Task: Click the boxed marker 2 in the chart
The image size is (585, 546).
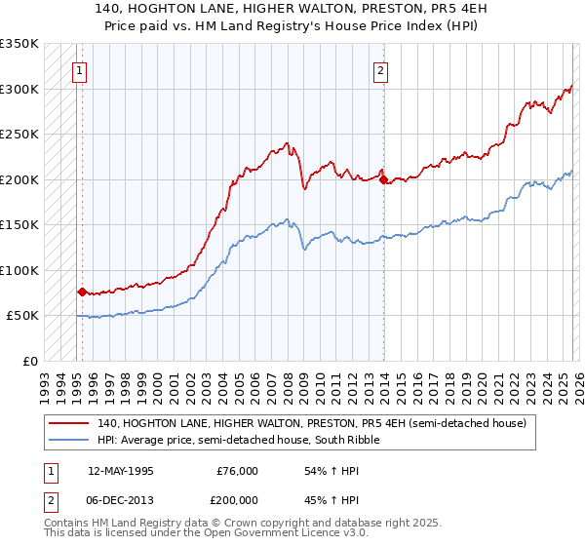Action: click(x=380, y=69)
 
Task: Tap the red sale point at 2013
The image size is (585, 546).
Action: click(x=383, y=179)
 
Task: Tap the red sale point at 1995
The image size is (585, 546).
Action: click(x=82, y=292)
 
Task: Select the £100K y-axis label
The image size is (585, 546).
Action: click(x=19, y=270)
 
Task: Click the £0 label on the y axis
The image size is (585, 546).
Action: click(x=29, y=361)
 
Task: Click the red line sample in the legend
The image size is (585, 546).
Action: click(x=70, y=424)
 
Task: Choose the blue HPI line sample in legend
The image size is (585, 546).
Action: click(x=70, y=441)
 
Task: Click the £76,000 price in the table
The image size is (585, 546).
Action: click(x=236, y=471)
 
